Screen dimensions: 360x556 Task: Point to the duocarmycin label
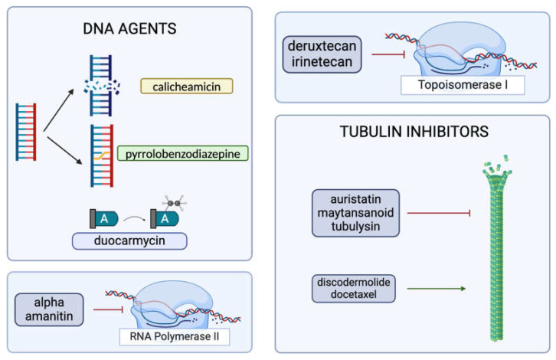[130, 241]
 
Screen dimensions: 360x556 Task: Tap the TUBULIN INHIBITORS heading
[414, 133]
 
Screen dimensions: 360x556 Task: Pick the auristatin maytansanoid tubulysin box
[355, 212]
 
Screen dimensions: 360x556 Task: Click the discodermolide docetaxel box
[355, 289]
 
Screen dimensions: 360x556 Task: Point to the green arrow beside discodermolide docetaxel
[436, 289]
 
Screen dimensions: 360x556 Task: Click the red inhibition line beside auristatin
[436, 212]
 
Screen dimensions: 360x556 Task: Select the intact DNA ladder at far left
[26, 132]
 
